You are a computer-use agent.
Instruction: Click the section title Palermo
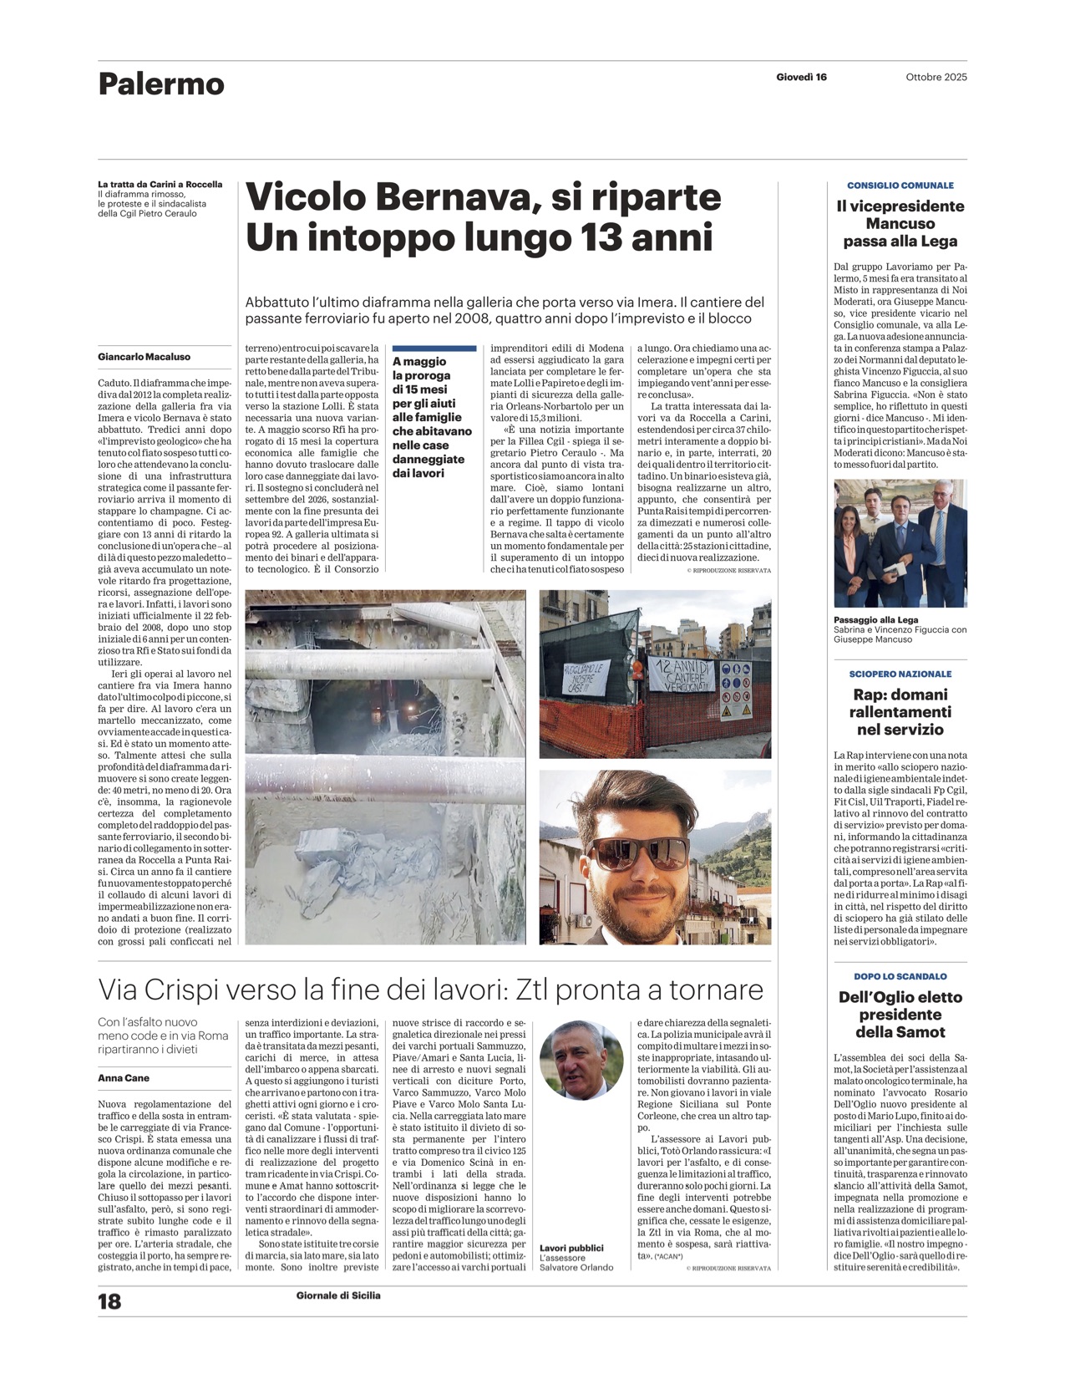click(x=161, y=84)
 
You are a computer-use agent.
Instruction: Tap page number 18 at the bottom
click(x=109, y=1301)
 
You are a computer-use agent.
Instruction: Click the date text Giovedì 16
click(x=801, y=77)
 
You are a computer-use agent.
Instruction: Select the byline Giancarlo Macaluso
click(x=144, y=357)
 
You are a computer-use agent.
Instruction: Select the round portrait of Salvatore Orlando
click(x=581, y=1060)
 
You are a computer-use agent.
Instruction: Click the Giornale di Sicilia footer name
click(x=338, y=1295)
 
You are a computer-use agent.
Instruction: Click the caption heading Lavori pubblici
click(x=571, y=1248)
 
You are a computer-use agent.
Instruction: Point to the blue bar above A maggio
click(x=434, y=348)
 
